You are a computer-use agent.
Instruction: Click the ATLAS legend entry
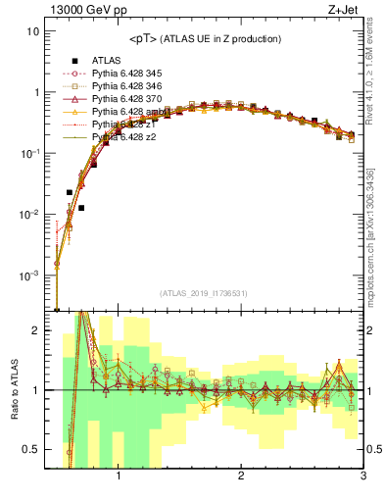point(107,60)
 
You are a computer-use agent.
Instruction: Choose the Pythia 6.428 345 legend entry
point(132,74)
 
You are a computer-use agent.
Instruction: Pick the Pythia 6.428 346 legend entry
point(132,86)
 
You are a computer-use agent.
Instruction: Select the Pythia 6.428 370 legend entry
point(132,99)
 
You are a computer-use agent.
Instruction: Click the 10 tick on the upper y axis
point(33,31)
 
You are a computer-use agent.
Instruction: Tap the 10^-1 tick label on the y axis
point(29,153)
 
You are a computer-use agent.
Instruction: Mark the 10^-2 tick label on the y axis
point(29,215)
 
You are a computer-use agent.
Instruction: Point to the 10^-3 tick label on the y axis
point(29,276)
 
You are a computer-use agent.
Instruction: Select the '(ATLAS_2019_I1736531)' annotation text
point(204,293)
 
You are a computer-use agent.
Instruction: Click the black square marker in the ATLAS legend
point(74,60)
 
